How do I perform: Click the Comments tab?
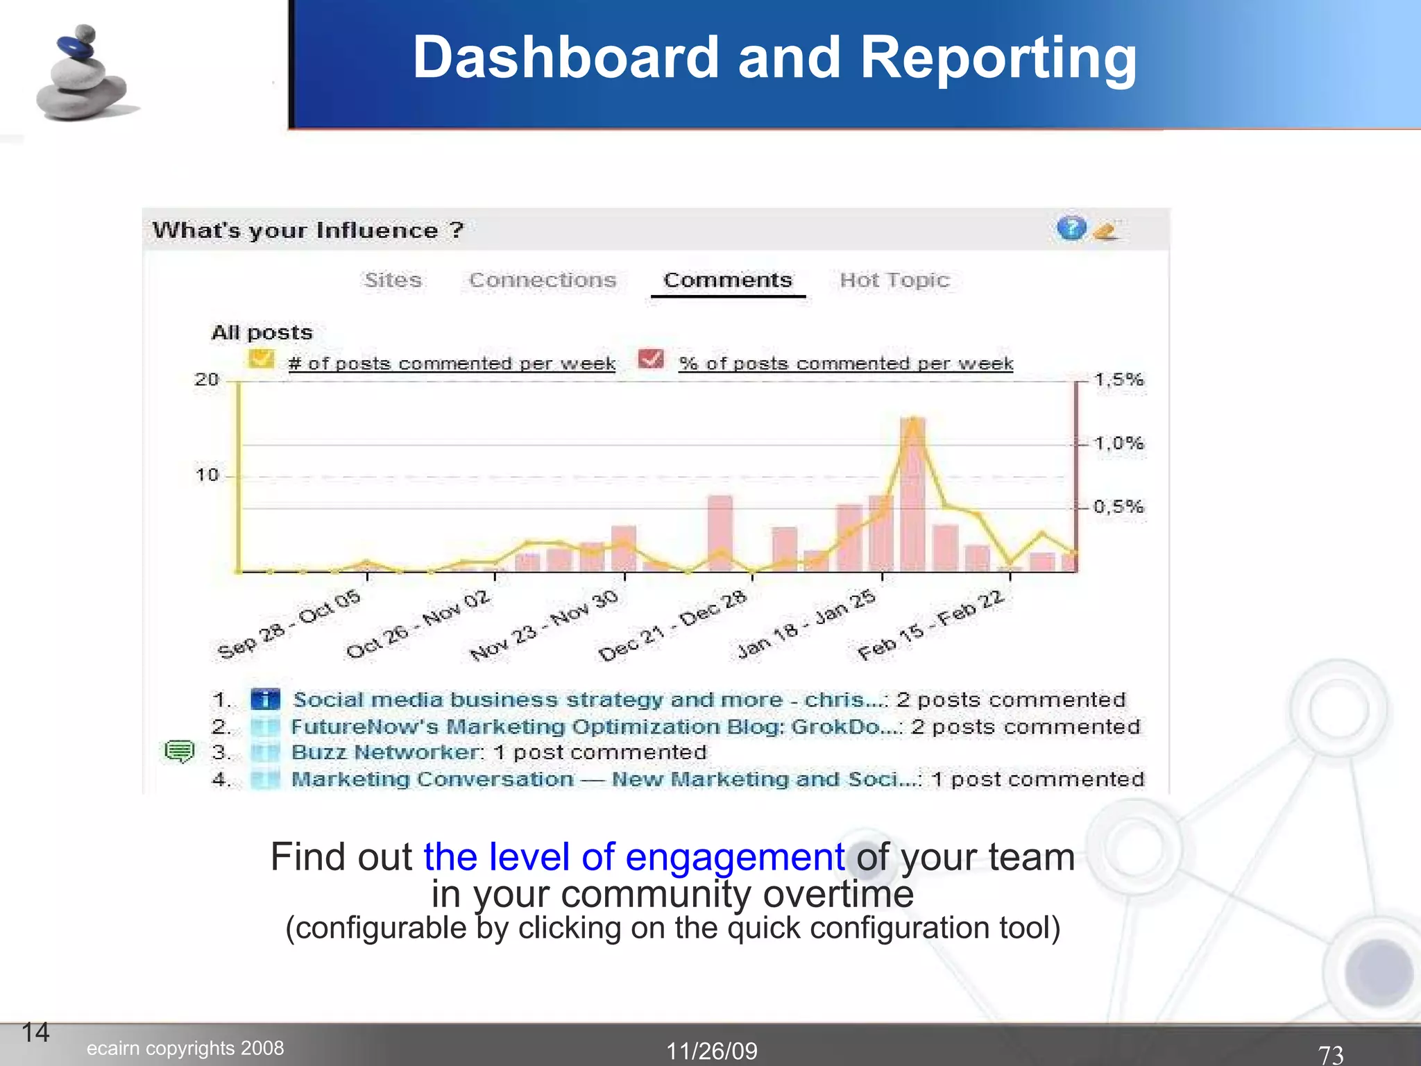727,280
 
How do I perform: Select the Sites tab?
393,280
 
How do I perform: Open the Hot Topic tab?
894,280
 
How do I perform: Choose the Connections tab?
542,280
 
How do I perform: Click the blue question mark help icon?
1071,228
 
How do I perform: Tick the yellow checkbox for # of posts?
261,359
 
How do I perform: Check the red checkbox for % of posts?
650,359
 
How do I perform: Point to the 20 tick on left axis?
207,380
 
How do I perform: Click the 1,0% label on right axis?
1118,443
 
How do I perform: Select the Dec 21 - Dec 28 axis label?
672,626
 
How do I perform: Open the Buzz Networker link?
385,752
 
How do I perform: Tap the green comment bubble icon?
179,751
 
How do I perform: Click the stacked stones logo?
82,74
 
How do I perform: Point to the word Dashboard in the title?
565,58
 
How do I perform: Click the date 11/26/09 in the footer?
711,1051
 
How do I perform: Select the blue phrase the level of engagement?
633,857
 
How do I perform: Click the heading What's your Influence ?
307,230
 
